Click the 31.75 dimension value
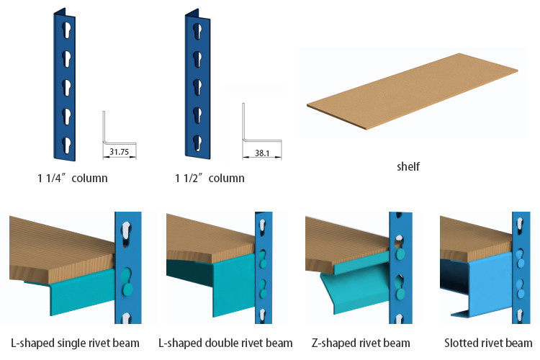119,152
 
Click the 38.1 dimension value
262,153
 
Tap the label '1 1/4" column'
72,178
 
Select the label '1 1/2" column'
210,178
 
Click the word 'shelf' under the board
408,166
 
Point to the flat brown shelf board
413,91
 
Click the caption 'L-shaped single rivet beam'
75,343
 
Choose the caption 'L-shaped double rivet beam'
225,343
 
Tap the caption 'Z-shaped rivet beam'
361,343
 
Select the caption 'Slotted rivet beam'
488,343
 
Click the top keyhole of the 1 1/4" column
67,30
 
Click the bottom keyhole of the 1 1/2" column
197,143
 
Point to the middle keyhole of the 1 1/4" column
67,88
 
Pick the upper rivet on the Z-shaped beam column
400,254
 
